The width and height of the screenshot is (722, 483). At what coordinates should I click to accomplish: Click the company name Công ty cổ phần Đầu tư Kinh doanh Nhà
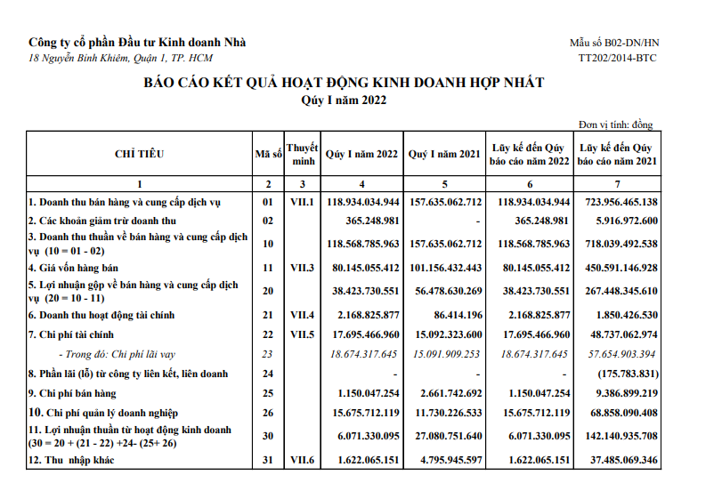[138, 42]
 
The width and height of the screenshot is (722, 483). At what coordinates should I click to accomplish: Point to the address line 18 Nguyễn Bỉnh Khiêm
[121, 58]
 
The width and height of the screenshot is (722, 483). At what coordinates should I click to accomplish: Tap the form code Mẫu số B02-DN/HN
[614, 43]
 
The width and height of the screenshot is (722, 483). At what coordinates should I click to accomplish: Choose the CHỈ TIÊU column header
[139, 154]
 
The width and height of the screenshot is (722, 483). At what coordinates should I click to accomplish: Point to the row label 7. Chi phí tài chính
[74, 334]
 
